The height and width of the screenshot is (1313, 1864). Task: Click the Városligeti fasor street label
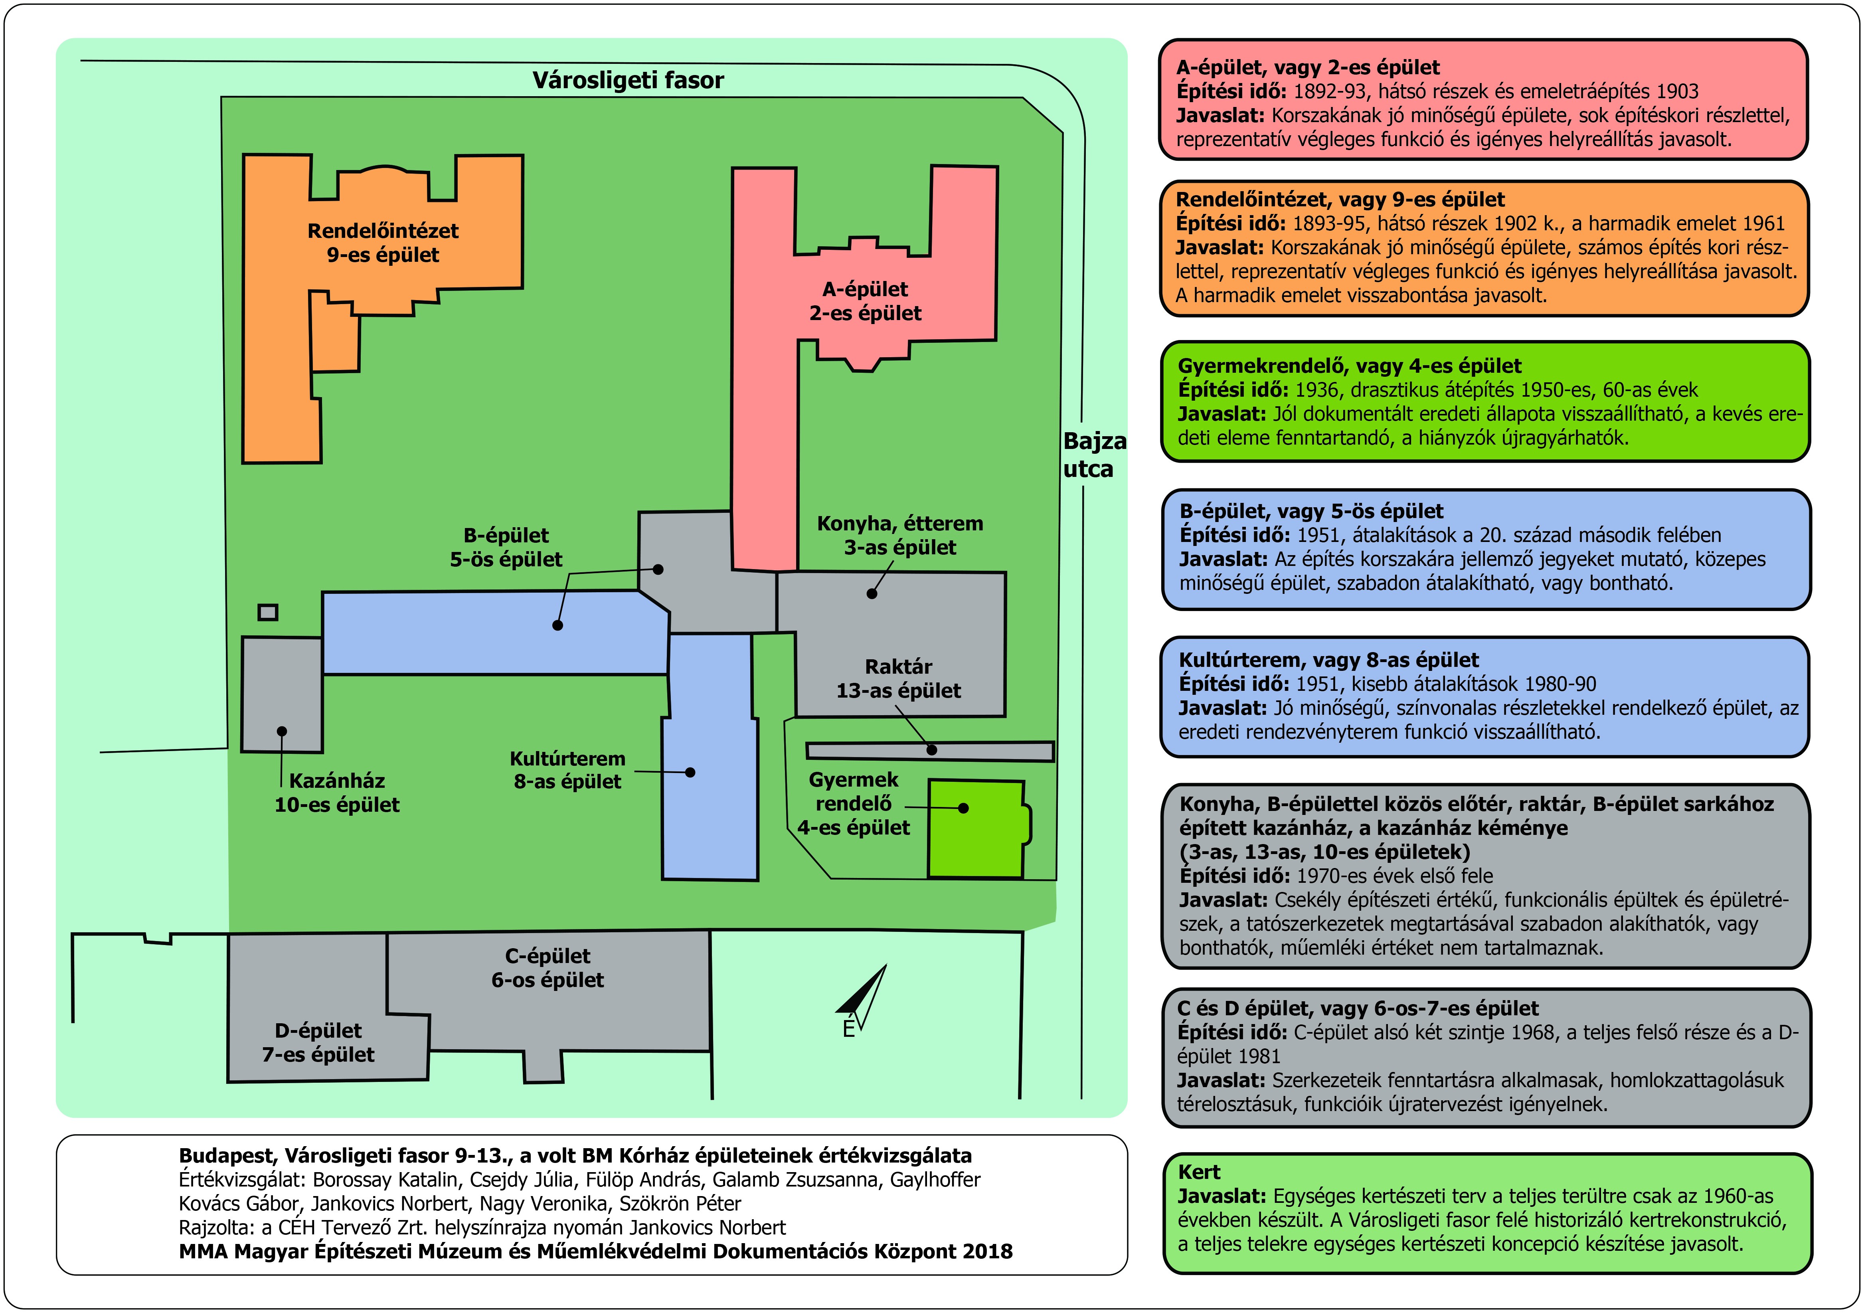628,80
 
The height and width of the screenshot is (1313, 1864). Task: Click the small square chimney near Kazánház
267,612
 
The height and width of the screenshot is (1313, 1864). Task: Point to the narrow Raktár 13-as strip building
929,751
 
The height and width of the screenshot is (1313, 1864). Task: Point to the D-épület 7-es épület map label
318,1042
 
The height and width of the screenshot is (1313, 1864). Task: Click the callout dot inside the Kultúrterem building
690,772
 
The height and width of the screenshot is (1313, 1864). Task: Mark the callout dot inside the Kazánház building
282,732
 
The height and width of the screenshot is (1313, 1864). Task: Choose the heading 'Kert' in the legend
1199,1172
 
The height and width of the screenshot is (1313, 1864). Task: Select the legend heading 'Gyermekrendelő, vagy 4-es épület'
1349,366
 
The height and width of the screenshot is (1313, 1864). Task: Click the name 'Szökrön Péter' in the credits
680,1203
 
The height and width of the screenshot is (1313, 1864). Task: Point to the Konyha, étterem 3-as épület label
899,535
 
